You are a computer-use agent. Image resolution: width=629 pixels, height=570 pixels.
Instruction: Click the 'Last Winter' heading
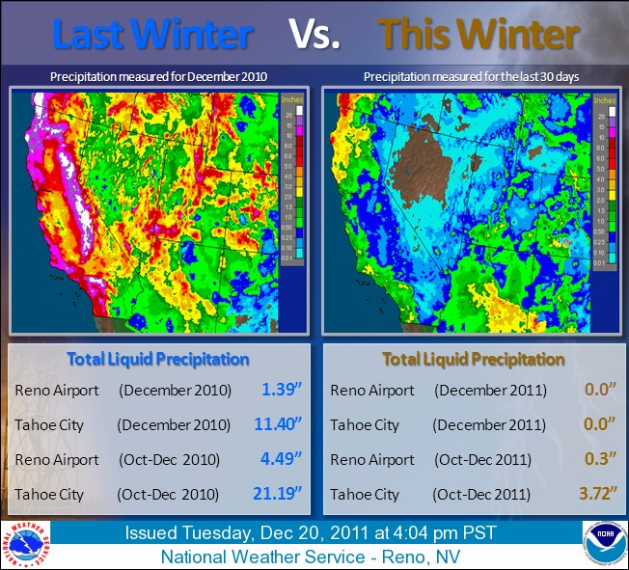152,34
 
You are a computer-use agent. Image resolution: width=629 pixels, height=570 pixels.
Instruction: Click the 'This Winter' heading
479,34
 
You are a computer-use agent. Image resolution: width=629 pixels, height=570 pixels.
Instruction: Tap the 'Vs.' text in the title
315,34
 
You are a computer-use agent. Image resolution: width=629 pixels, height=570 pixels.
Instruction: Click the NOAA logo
602,543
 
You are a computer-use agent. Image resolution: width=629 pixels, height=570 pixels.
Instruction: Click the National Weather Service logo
26,543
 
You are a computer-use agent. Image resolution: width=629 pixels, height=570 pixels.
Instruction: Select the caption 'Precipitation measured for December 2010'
158,75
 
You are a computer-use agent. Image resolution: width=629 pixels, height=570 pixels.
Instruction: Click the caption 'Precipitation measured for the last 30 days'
471,75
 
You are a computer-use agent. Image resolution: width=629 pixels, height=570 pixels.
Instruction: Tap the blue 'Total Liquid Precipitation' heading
158,359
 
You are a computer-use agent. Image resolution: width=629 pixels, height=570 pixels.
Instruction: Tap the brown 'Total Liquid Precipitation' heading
473,359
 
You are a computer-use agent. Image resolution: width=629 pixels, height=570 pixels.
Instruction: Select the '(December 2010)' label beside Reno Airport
176,390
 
